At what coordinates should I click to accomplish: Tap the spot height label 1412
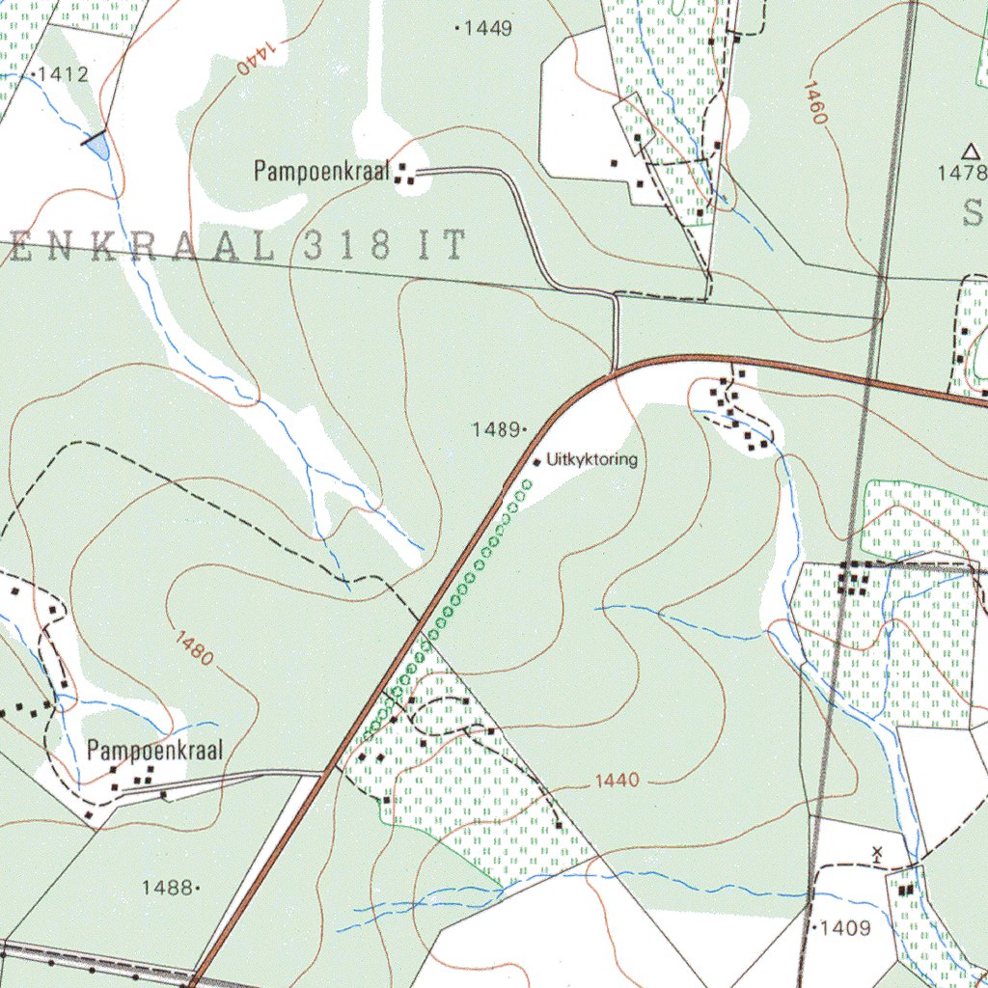pos(62,73)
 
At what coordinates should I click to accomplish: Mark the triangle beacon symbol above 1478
pos(971,151)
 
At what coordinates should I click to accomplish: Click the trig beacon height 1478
pos(963,173)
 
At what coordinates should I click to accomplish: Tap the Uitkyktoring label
pos(591,460)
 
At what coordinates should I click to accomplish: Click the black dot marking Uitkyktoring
pos(536,462)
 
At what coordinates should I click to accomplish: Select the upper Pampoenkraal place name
pos(320,173)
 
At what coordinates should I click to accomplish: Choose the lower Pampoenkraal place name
pos(154,750)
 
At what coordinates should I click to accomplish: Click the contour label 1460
pos(815,102)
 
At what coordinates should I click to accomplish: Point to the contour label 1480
pos(195,647)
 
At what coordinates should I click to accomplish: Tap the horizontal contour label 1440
pos(617,781)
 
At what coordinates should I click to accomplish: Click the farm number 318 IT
pos(383,247)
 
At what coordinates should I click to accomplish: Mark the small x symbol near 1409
pos(877,853)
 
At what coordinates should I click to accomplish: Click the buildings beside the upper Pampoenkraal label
pos(405,175)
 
